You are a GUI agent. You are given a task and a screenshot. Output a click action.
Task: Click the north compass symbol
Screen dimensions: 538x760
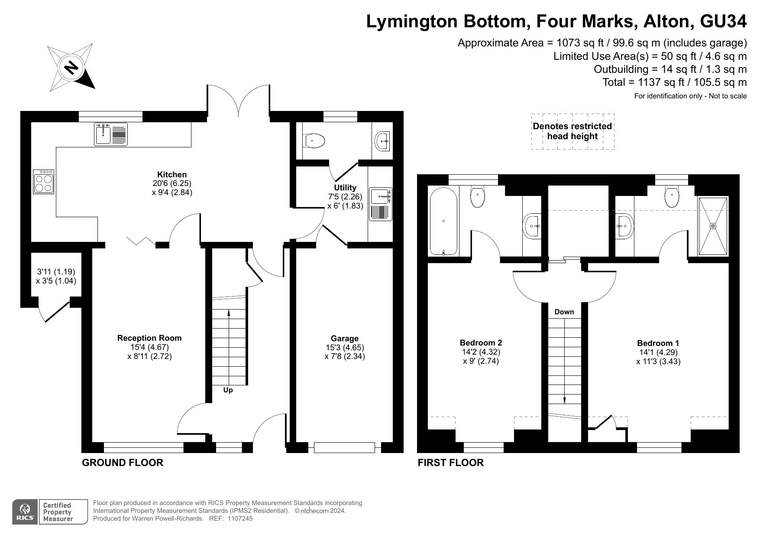(71, 68)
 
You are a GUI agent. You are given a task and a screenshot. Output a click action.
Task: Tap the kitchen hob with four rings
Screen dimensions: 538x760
(43, 182)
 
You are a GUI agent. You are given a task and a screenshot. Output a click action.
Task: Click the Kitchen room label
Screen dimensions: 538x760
(172, 175)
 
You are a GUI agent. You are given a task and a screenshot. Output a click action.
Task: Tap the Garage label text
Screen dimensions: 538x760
(345, 338)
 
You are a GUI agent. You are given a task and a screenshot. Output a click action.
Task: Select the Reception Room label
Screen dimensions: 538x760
(149, 338)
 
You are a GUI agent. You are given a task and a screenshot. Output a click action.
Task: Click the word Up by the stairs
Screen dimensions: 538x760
(228, 390)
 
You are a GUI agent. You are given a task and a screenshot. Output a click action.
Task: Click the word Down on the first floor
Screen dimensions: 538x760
(564, 312)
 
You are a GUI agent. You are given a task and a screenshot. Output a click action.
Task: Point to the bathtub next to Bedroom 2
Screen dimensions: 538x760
(443, 221)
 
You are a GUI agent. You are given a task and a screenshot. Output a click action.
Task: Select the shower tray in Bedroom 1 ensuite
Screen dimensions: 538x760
(713, 226)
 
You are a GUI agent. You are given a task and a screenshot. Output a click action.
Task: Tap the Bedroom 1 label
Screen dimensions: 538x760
(658, 343)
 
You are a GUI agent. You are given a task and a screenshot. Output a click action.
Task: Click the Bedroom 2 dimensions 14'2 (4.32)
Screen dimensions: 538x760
(481, 352)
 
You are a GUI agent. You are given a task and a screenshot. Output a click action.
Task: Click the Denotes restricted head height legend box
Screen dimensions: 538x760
(572, 131)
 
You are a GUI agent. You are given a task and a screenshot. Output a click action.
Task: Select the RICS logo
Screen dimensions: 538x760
(25, 512)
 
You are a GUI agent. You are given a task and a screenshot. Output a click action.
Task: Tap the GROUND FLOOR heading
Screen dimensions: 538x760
(123, 463)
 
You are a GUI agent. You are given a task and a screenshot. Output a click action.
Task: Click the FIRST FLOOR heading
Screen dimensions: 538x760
(450, 463)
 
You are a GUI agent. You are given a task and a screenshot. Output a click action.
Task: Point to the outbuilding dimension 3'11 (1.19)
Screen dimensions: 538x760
(56, 272)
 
